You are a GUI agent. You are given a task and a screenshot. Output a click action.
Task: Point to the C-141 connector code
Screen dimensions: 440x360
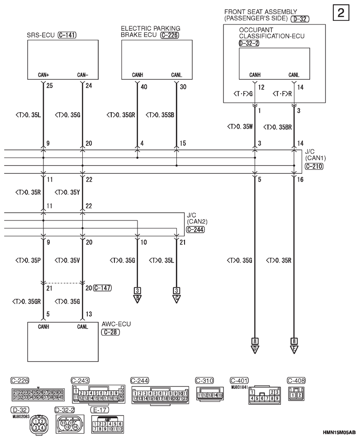(x=67, y=34)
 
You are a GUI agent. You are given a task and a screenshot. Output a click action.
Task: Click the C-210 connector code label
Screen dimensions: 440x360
(x=314, y=167)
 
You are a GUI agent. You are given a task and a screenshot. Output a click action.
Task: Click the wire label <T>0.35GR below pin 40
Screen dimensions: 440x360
(x=121, y=115)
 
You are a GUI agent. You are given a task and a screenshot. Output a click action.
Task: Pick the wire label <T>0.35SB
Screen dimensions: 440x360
(x=160, y=115)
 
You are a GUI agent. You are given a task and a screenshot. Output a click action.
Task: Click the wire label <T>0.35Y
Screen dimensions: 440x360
(x=68, y=192)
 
